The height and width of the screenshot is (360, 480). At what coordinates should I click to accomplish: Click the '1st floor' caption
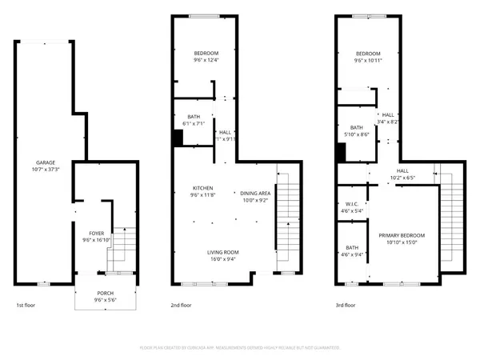(x=26, y=306)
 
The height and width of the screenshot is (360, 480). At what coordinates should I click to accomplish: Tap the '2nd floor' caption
(x=181, y=306)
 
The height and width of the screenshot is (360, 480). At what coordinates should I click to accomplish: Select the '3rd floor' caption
(x=345, y=306)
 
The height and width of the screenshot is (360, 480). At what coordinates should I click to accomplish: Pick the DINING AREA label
(x=254, y=193)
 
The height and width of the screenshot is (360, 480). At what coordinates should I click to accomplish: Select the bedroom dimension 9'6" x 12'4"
(x=206, y=60)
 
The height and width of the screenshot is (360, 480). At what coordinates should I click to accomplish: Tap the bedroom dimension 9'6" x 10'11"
(x=368, y=60)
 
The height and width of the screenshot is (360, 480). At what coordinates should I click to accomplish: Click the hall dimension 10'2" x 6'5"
(x=403, y=178)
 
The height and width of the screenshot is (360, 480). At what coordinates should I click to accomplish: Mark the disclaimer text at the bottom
(x=240, y=348)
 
